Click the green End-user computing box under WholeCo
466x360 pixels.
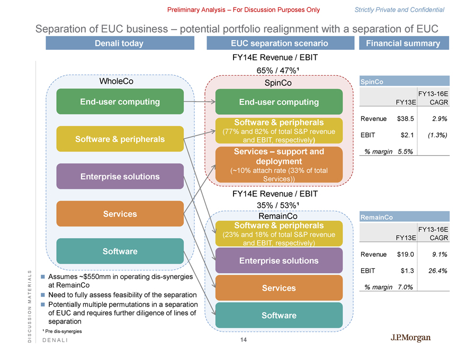point(120,102)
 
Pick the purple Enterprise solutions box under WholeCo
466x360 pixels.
point(120,176)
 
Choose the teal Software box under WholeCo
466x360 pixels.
point(120,251)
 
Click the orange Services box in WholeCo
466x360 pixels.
point(120,214)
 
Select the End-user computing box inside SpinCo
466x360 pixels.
point(279,102)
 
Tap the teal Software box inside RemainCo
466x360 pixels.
point(279,316)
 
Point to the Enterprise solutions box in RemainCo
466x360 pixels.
point(279,260)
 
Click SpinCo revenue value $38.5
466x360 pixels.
point(405,119)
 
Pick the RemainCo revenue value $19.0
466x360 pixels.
point(405,254)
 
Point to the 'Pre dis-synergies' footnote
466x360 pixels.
point(62,331)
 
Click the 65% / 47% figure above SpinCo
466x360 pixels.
point(279,70)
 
